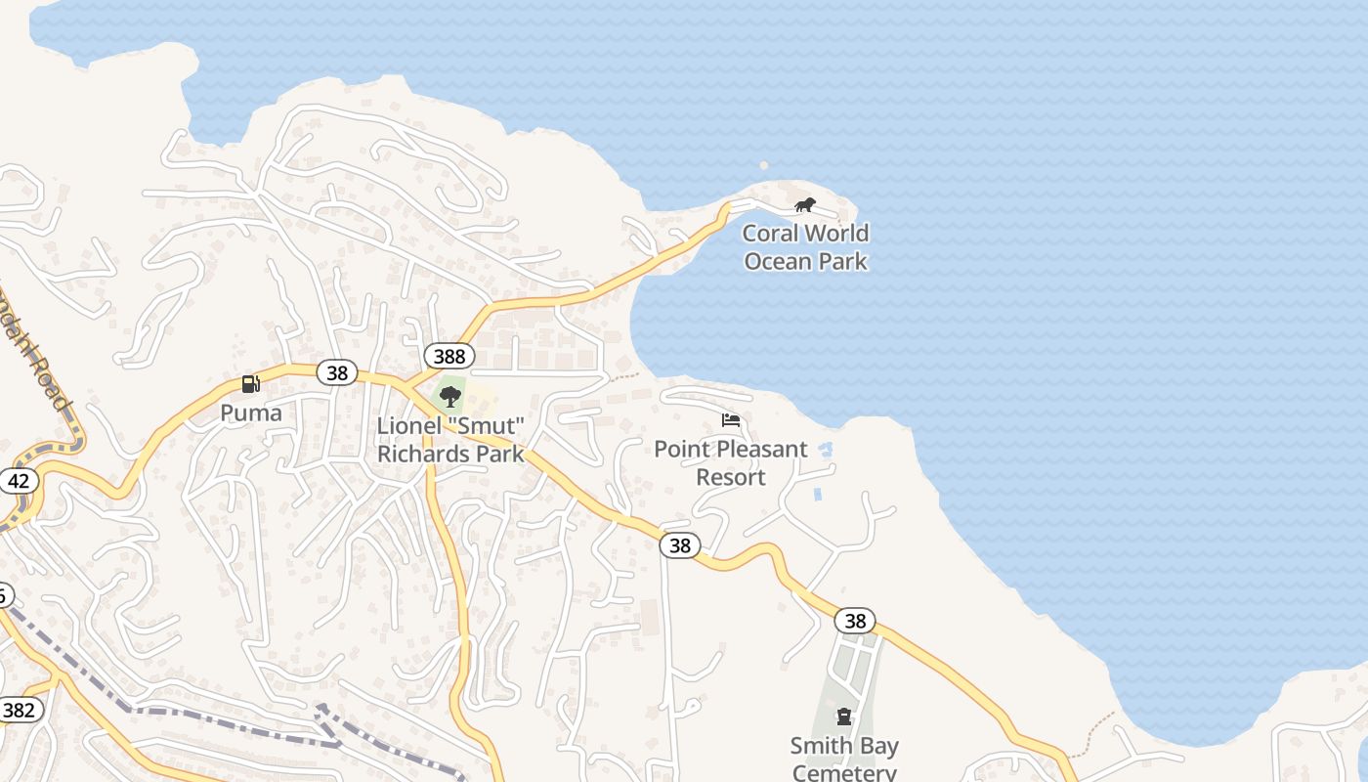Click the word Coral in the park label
pyautogui.click(x=769, y=234)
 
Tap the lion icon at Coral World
pyautogui.click(x=804, y=205)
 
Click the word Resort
pyautogui.click(x=731, y=477)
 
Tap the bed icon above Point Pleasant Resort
pyautogui.click(x=731, y=420)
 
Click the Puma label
pyautogui.click(x=251, y=413)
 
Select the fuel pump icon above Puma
pyautogui.click(x=251, y=384)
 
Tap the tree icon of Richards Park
pyautogui.click(x=450, y=396)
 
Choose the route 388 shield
pyautogui.click(x=449, y=356)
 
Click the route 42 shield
pyautogui.click(x=19, y=481)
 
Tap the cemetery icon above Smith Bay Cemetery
pyautogui.click(x=844, y=717)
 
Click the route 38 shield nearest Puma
pyautogui.click(x=337, y=372)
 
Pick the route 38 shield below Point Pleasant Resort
pyautogui.click(x=680, y=545)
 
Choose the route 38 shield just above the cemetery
pyautogui.click(x=855, y=621)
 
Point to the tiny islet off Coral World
pyautogui.click(x=764, y=165)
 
